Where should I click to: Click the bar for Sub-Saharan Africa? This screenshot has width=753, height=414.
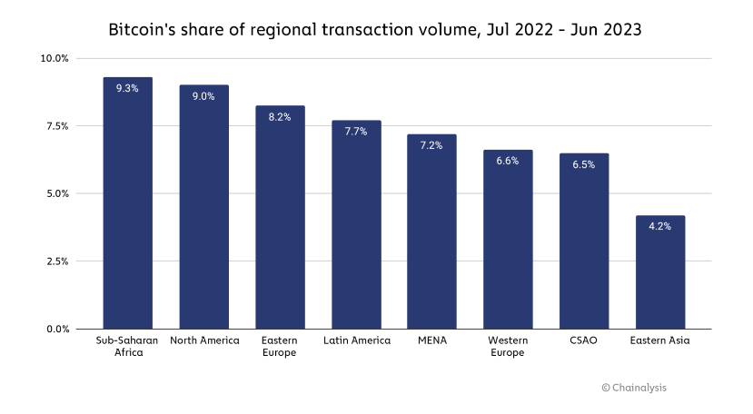tap(127, 209)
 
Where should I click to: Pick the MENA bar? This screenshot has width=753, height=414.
tap(431, 236)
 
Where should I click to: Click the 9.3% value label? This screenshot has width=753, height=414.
tap(127, 88)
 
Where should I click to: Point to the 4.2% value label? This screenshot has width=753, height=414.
tap(659, 226)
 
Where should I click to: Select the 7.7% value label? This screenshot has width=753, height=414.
tap(355, 132)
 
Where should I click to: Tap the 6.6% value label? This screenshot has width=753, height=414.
tap(507, 161)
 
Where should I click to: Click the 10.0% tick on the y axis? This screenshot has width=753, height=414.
tap(54, 59)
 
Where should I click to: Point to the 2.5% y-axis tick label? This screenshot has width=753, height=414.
tap(57, 261)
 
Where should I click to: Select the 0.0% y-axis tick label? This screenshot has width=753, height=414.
tap(57, 330)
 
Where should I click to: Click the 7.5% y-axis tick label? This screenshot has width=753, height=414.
tap(57, 126)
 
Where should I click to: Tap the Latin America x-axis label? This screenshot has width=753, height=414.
tap(356, 340)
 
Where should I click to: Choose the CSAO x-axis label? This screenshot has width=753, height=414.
tap(583, 340)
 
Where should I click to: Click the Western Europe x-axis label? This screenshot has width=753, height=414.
tap(507, 346)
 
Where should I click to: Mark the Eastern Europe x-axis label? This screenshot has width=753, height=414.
tap(279, 346)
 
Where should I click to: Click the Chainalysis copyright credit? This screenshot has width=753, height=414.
tap(633, 388)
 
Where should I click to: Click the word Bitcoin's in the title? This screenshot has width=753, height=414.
tap(144, 30)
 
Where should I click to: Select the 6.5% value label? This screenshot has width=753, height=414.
tap(583, 164)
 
